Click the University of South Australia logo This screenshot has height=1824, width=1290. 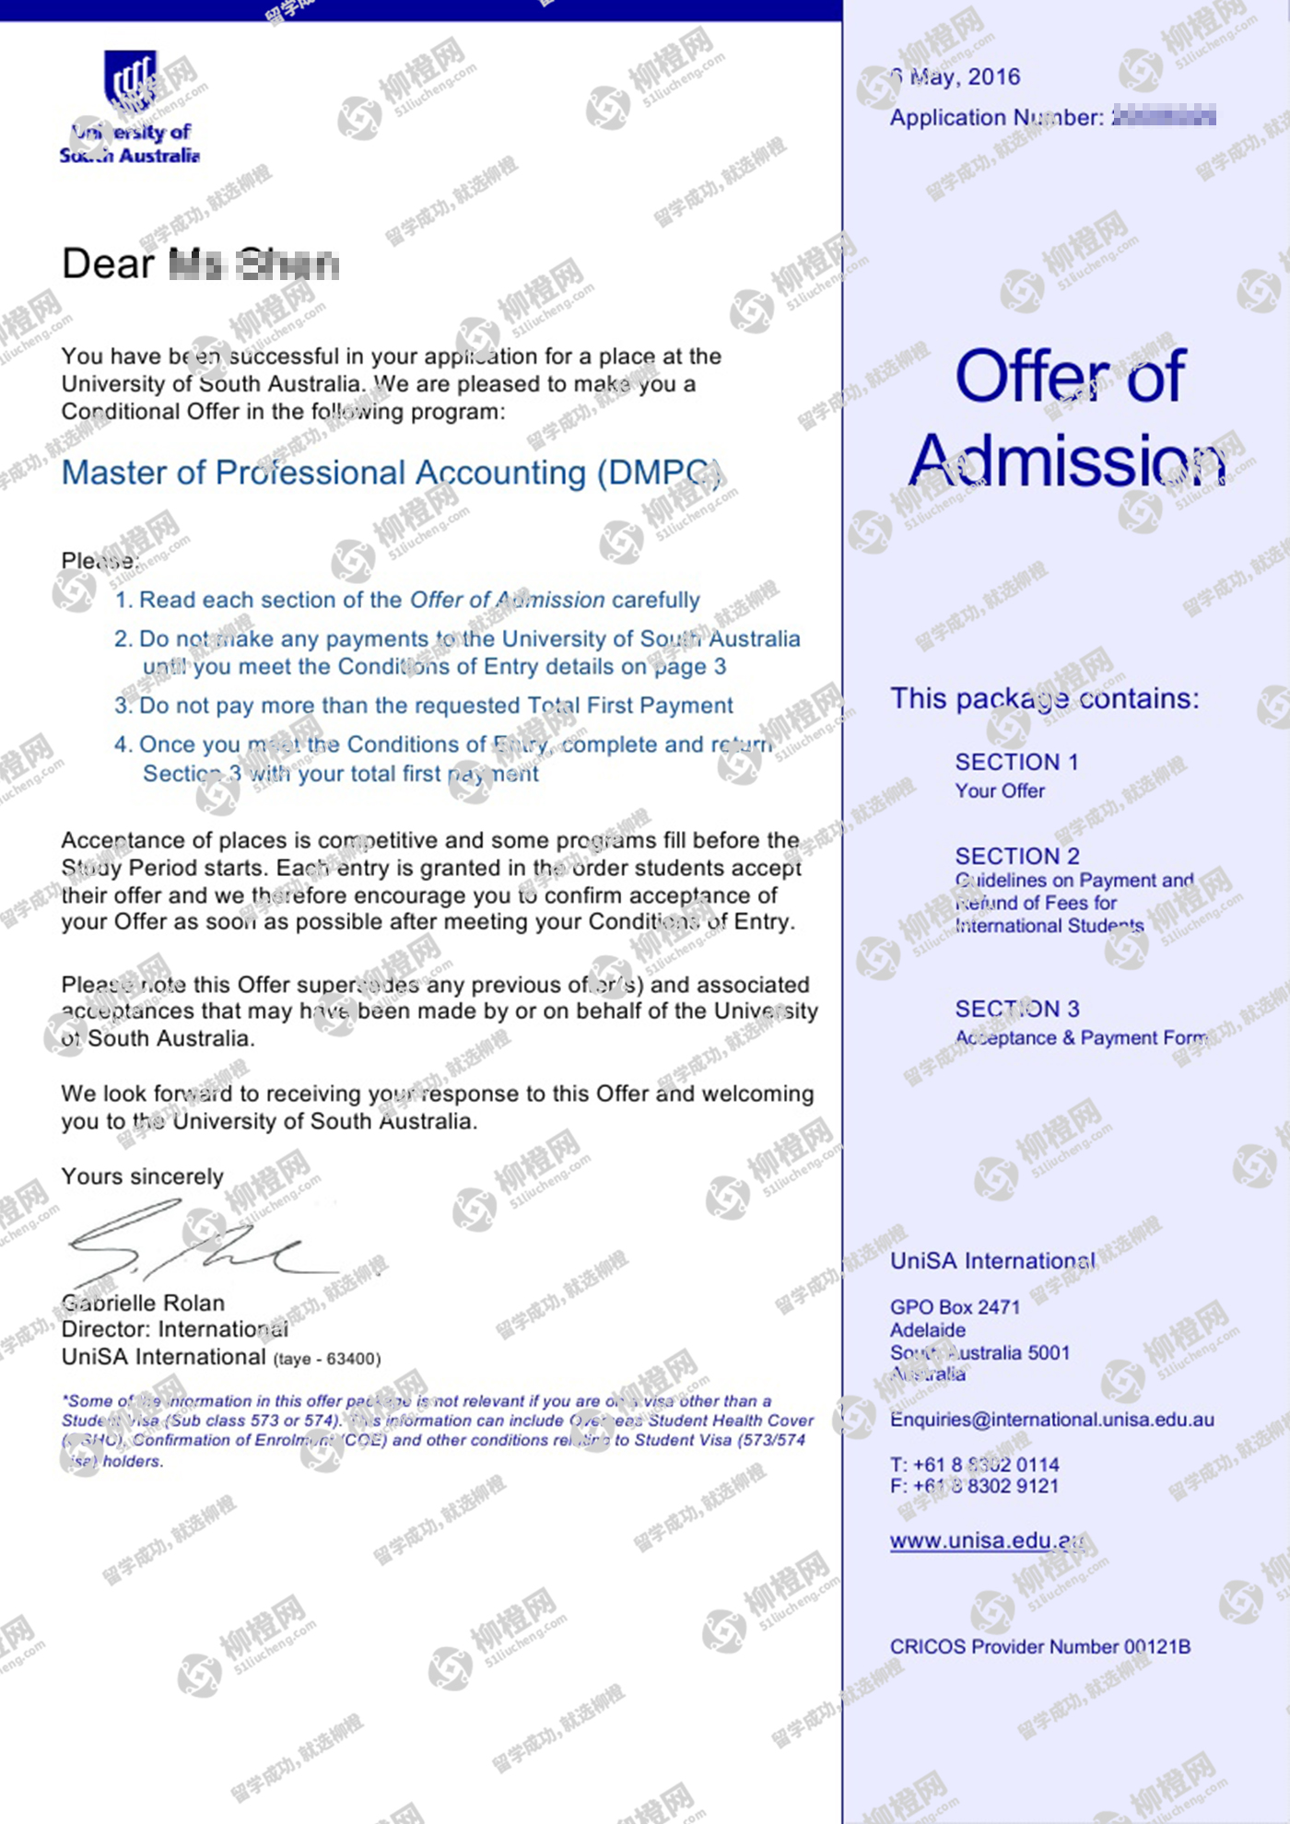click(130, 107)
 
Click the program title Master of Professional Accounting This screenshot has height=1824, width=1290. click(391, 473)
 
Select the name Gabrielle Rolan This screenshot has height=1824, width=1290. click(143, 1303)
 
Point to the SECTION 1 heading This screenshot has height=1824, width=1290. click(1016, 762)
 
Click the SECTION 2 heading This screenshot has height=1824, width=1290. click(1017, 856)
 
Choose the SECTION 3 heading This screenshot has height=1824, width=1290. click(1017, 1009)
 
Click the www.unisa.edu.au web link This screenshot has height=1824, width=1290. click(987, 1540)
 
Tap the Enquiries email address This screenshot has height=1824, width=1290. click(1051, 1420)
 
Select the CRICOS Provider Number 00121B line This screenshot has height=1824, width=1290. click(1039, 1646)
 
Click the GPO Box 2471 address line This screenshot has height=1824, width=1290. click(955, 1307)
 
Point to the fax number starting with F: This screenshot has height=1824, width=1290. click(974, 1486)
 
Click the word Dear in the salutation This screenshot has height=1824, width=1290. click(108, 264)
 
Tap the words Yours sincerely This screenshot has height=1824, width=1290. click(142, 1176)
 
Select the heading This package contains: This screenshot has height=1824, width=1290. click(1044, 698)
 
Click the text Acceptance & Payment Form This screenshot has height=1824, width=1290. click(1081, 1038)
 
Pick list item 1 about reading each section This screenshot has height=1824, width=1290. click(406, 600)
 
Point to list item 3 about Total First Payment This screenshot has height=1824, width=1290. click(423, 706)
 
